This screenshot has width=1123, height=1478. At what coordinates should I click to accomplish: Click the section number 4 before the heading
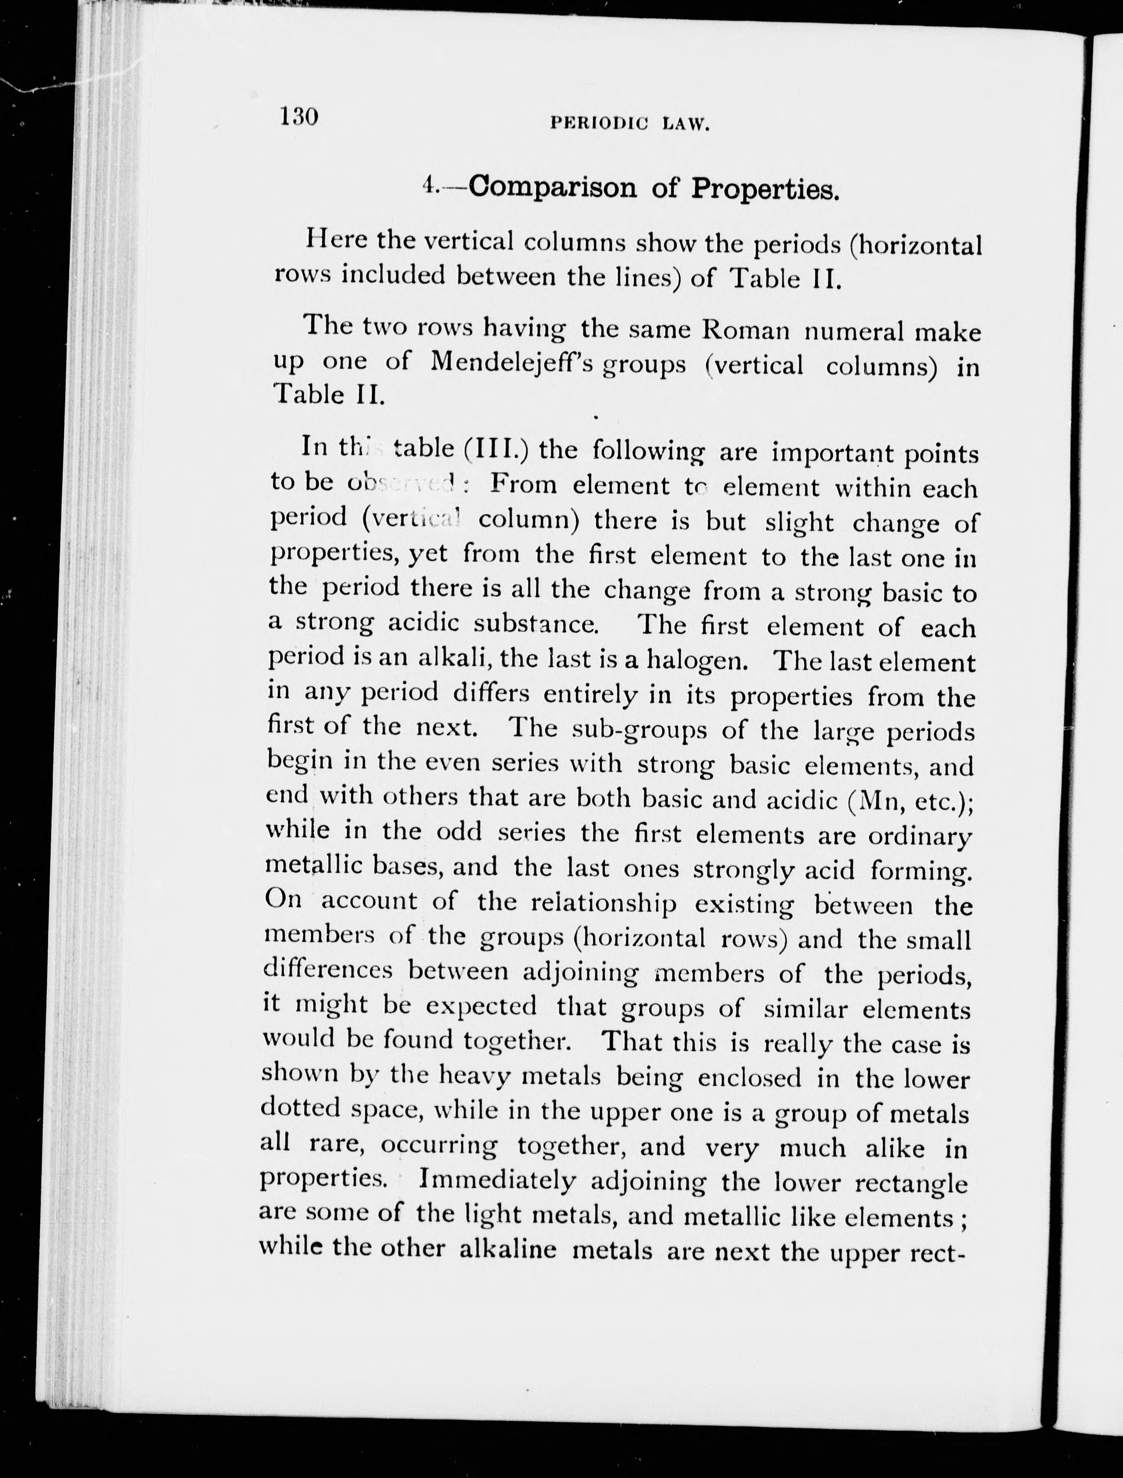[429, 185]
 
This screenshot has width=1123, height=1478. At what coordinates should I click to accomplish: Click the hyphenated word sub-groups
[640, 729]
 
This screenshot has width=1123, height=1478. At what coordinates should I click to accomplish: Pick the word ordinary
[919, 835]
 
